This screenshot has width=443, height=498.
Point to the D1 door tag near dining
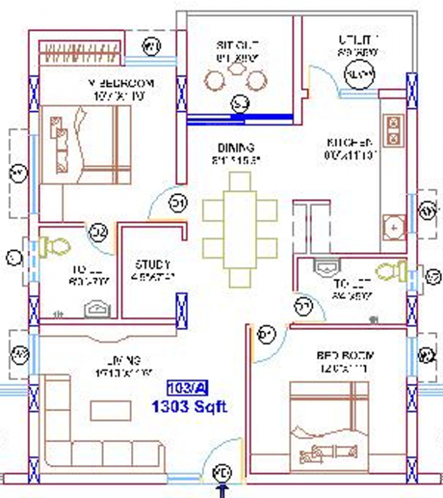click(178, 204)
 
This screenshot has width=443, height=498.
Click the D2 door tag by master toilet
click(98, 230)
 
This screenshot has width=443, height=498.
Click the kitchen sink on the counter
click(393, 226)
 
